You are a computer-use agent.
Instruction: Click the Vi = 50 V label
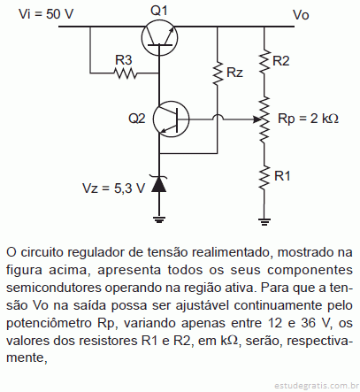pyautogui.click(x=46, y=14)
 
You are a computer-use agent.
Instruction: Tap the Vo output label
pyautogui.click(x=301, y=15)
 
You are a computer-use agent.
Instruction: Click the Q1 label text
pyautogui.click(x=159, y=11)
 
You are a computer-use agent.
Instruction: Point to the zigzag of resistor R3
pyautogui.click(x=126, y=73)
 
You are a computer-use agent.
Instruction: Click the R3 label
pyautogui.click(x=123, y=60)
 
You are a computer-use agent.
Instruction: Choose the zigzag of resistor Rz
pyautogui.click(x=218, y=73)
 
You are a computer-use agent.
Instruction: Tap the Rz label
pyautogui.click(x=234, y=73)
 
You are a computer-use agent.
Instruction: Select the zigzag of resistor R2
pyautogui.click(x=264, y=61)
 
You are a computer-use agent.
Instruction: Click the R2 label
pyautogui.click(x=281, y=61)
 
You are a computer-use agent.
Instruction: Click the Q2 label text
pyautogui.click(x=137, y=119)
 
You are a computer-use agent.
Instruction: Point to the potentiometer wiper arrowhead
pyautogui.click(x=257, y=119)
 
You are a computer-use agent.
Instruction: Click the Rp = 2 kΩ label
pyautogui.click(x=308, y=119)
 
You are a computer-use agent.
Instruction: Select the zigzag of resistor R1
pyautogui.click(x=264, y=177)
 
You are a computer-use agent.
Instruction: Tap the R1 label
pyautogui.click(x=282, y=176)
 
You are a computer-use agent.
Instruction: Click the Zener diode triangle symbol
pyautogui.click(x=159, y=184)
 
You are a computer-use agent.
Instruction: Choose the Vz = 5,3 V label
pyautogui.click(x=114, y=188)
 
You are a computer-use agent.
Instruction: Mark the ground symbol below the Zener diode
pyautogui.click(x=159, y=219)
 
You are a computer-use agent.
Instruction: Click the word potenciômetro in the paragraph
pyautogui.click(x=50, y=324)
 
